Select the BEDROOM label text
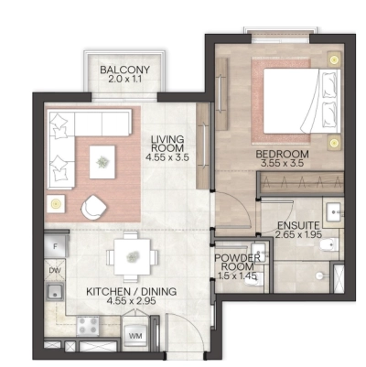pos(282,154)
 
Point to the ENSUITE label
pos(300,223)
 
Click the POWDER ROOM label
pos(240,264)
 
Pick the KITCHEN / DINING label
pos(132,293)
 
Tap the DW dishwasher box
pos(55,272)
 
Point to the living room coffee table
pos(103,162)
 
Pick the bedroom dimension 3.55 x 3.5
pos(282,165)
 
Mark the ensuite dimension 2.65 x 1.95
pos(300,234)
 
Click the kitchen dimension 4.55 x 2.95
pos(132,303)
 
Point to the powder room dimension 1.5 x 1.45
pos(240,275)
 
